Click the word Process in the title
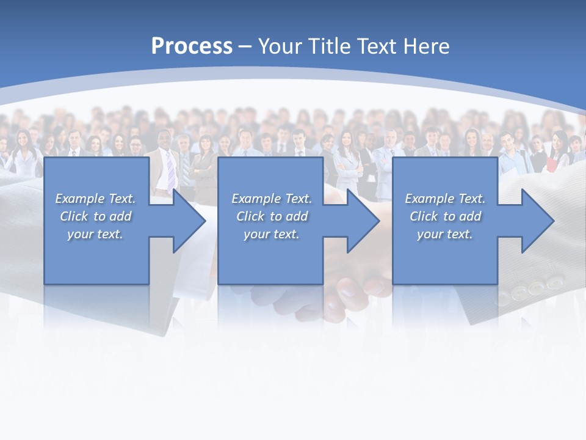click(x=192, y=46)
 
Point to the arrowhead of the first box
click(x=189, y=221)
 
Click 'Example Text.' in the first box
click(x=95, y=199)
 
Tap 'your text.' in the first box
click(x=95, y=234)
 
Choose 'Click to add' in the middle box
click(x=272, y=216)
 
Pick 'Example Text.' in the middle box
click(x=272, y=199)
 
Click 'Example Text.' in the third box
click(x=445, y=199)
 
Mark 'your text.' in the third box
click(x=445, y=234)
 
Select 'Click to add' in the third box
click(x=445, y=216)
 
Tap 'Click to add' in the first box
click(x=95, y=216)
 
